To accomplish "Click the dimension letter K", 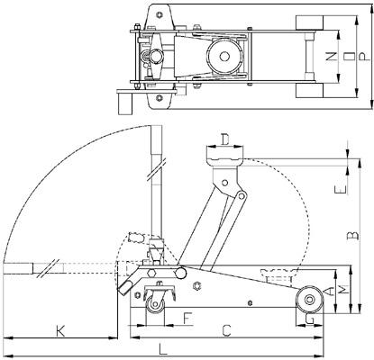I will (59, 330).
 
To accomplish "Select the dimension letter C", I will (227, 330).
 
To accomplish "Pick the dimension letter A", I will (333, 291).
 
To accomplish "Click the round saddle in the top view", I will (220, 57).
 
